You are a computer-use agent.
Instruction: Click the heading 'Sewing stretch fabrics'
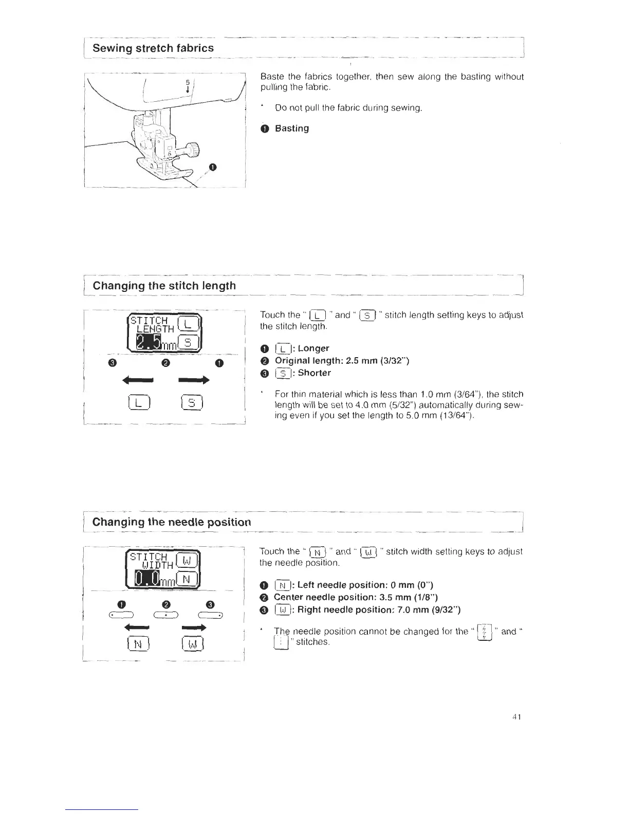coord(153,48)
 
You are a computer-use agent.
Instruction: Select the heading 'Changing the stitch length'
coord(164,286)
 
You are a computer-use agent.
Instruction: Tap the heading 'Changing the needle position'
coord(172,522)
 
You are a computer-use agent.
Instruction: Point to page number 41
coord(517,717)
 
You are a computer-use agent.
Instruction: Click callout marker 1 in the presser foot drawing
coord(213,166)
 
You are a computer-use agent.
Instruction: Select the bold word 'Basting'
coord(292,128)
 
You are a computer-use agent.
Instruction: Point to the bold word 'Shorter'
coord(314,373)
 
